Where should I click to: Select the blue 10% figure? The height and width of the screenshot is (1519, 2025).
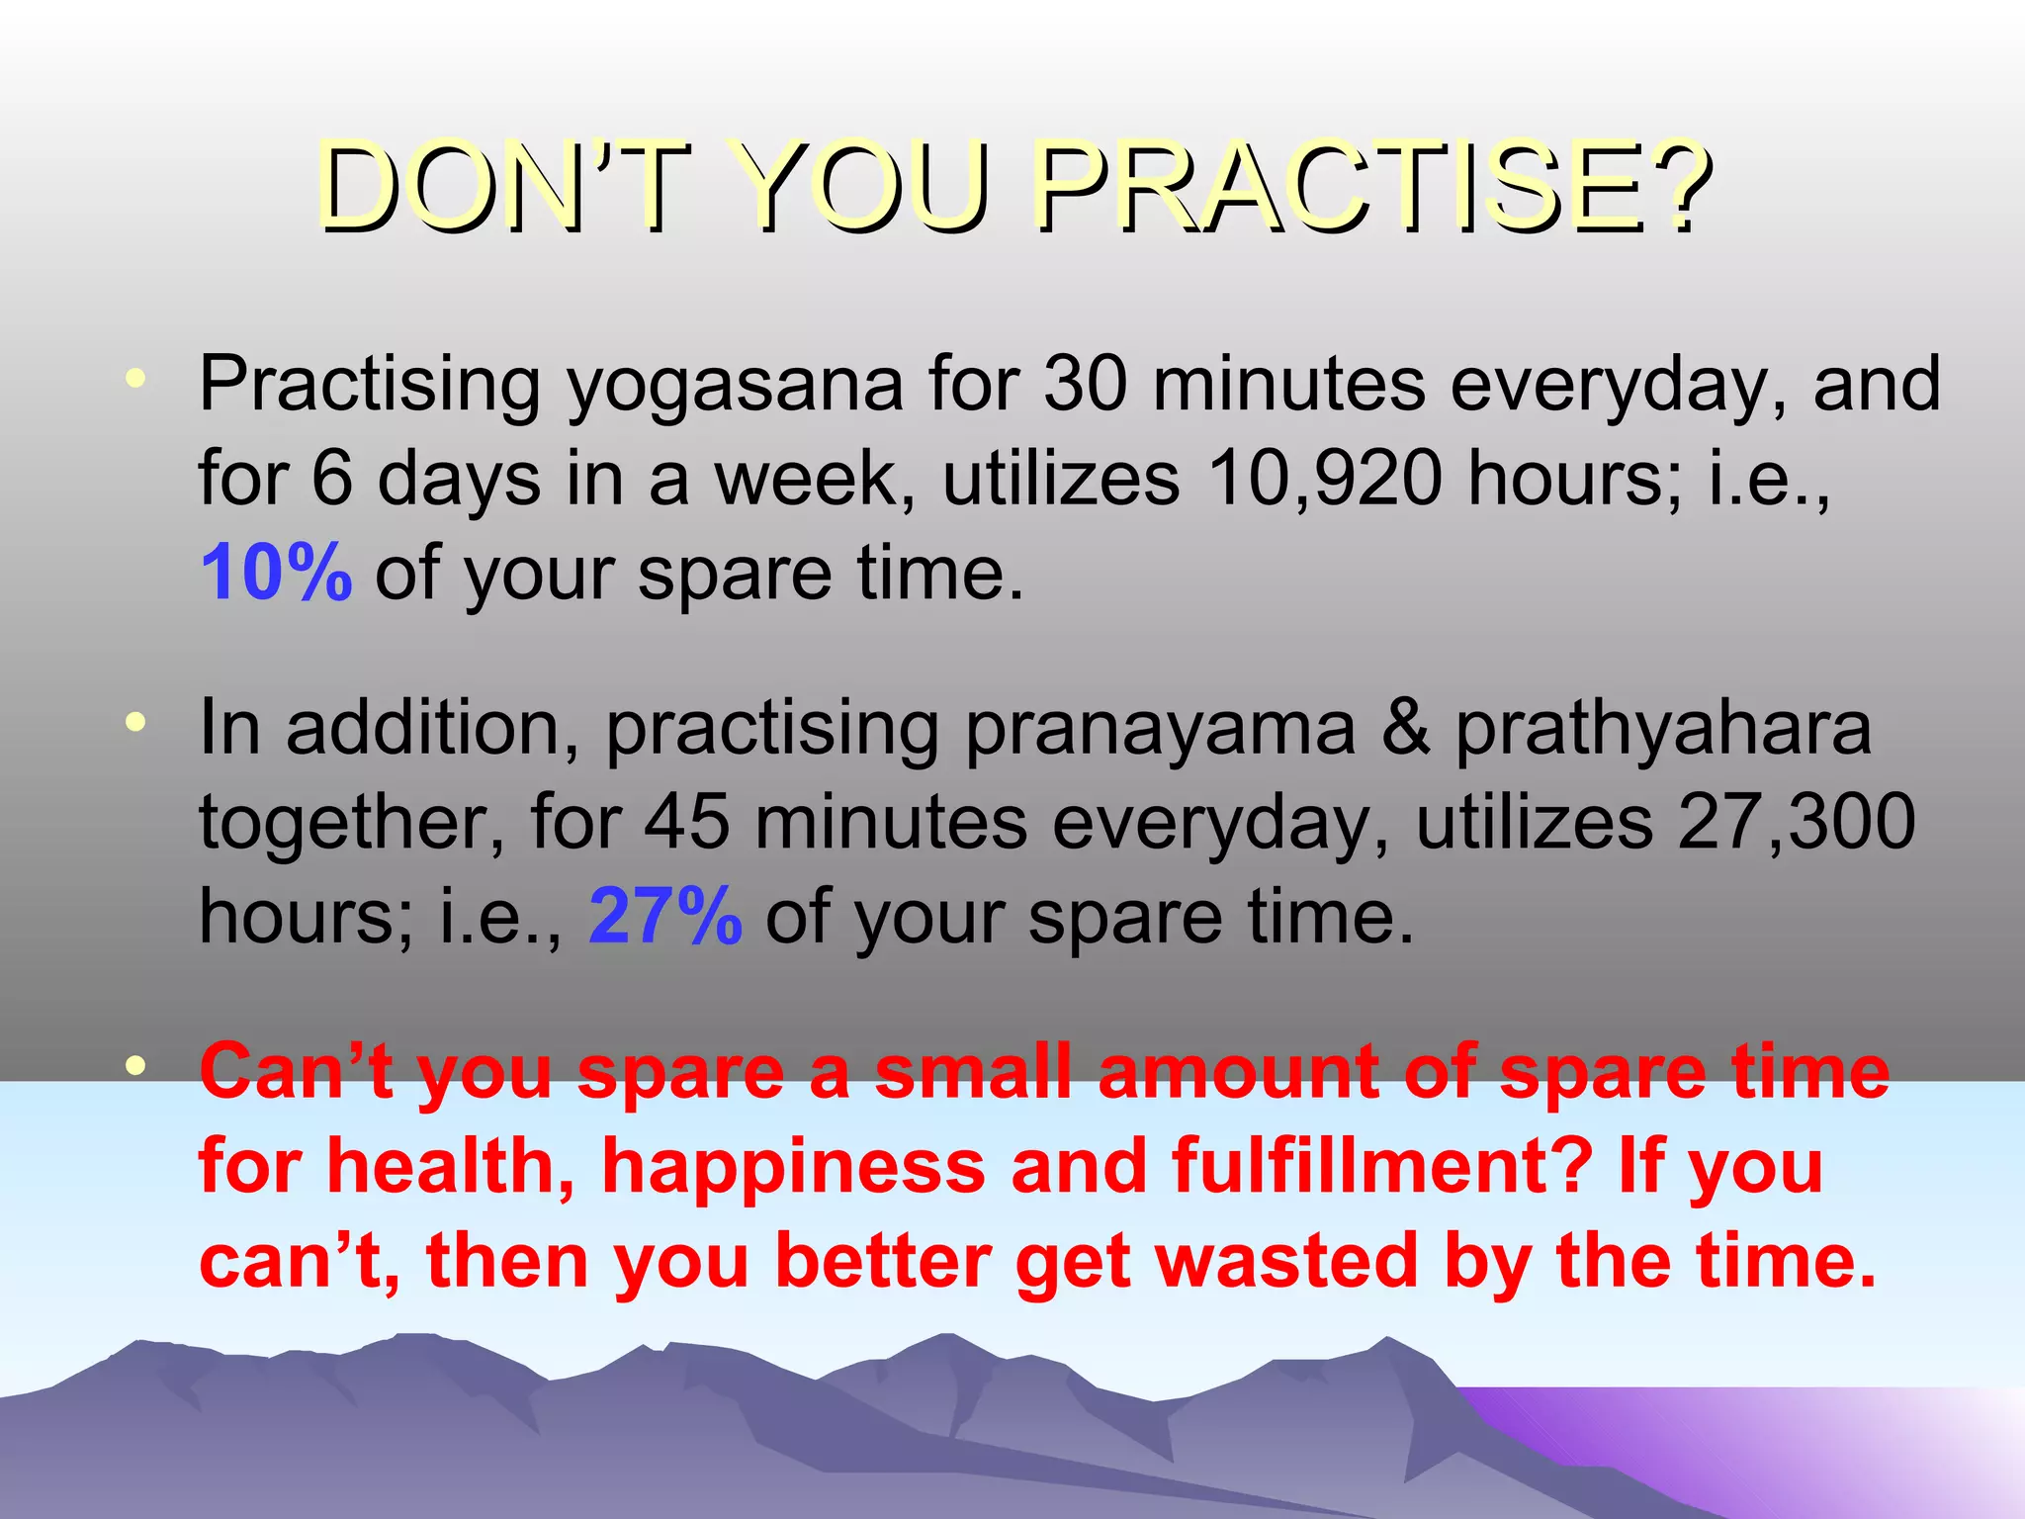(276, 573)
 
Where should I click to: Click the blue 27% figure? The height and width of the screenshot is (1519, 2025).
(664, 916)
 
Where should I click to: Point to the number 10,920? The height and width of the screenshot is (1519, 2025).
(1324, 479)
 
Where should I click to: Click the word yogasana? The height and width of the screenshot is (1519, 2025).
(735, 386)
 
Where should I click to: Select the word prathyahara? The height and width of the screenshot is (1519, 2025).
(1663, 729)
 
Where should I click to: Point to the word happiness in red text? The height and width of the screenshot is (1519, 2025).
(793, 1166)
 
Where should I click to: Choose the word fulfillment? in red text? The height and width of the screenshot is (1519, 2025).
(1382, 1166)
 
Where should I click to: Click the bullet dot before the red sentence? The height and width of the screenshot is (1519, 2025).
(136, 1065)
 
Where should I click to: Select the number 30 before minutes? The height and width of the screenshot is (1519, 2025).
(1086, 384)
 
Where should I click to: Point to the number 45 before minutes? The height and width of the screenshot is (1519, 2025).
(687, 822)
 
